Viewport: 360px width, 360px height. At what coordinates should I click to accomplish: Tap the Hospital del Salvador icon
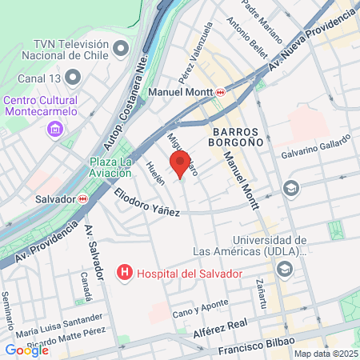(125, 274)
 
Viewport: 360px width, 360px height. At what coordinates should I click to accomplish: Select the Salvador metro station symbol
(83, 198)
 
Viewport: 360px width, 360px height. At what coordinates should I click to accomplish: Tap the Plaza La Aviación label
(117, 167)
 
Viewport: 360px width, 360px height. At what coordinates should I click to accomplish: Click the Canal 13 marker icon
(74, 78)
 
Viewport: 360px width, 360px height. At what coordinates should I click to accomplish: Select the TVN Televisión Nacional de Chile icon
(121, 49)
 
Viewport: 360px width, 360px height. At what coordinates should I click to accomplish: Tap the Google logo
(27, 350)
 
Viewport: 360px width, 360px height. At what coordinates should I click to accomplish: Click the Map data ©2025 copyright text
(325, 354)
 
